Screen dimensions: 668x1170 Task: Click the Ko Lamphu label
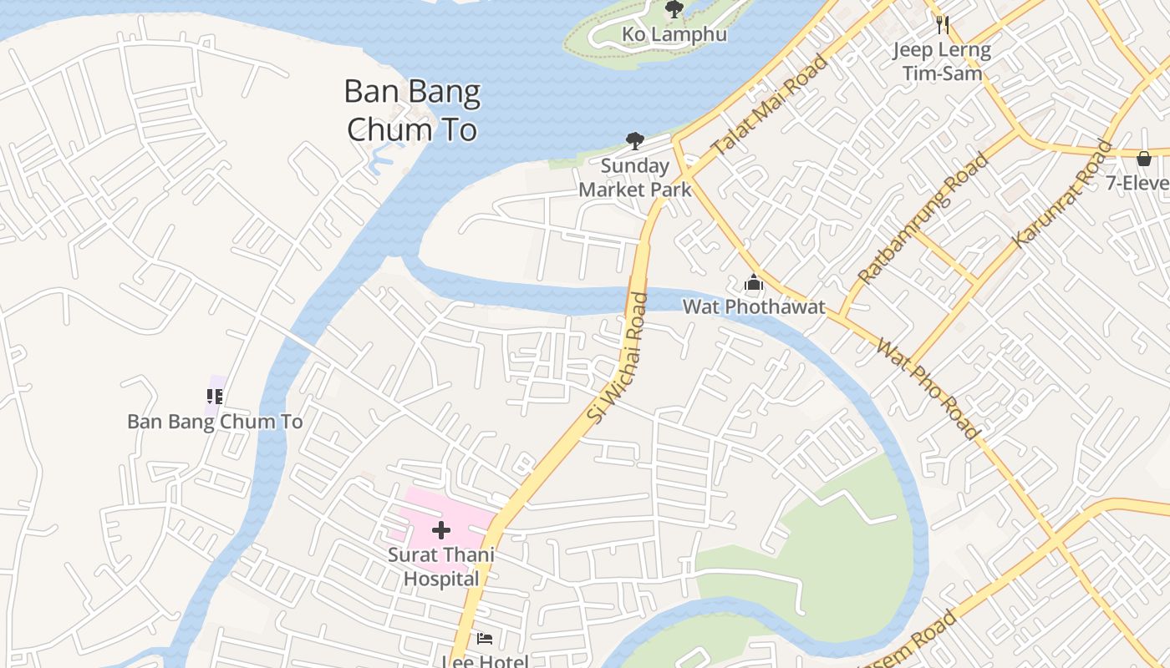point(674,35)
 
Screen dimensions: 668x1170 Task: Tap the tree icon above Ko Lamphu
point(674,9)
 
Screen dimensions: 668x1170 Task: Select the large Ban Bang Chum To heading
point(412,110)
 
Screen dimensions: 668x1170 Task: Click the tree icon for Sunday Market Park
point(635,141)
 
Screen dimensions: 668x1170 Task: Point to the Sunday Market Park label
point(635,178)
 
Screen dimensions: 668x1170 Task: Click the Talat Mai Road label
point(770,104)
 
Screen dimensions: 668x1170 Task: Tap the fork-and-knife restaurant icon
point(943,24)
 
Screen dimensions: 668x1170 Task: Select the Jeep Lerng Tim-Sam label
point(942,61)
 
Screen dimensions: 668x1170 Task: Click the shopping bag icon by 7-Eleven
point(1144,158)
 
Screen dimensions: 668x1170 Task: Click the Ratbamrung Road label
point(924,218)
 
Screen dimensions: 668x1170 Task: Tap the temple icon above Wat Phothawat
point(754,283)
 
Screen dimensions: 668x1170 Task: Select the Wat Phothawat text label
point(754,306)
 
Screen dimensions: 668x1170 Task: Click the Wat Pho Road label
point(928,388)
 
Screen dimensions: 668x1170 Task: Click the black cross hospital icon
point(441,530)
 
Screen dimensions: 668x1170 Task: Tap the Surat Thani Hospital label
point(441,567)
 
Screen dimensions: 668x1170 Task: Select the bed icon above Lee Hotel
point(485,639)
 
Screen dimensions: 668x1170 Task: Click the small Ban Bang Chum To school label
point(215,422)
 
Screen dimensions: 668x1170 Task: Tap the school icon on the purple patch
point(215,396)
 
